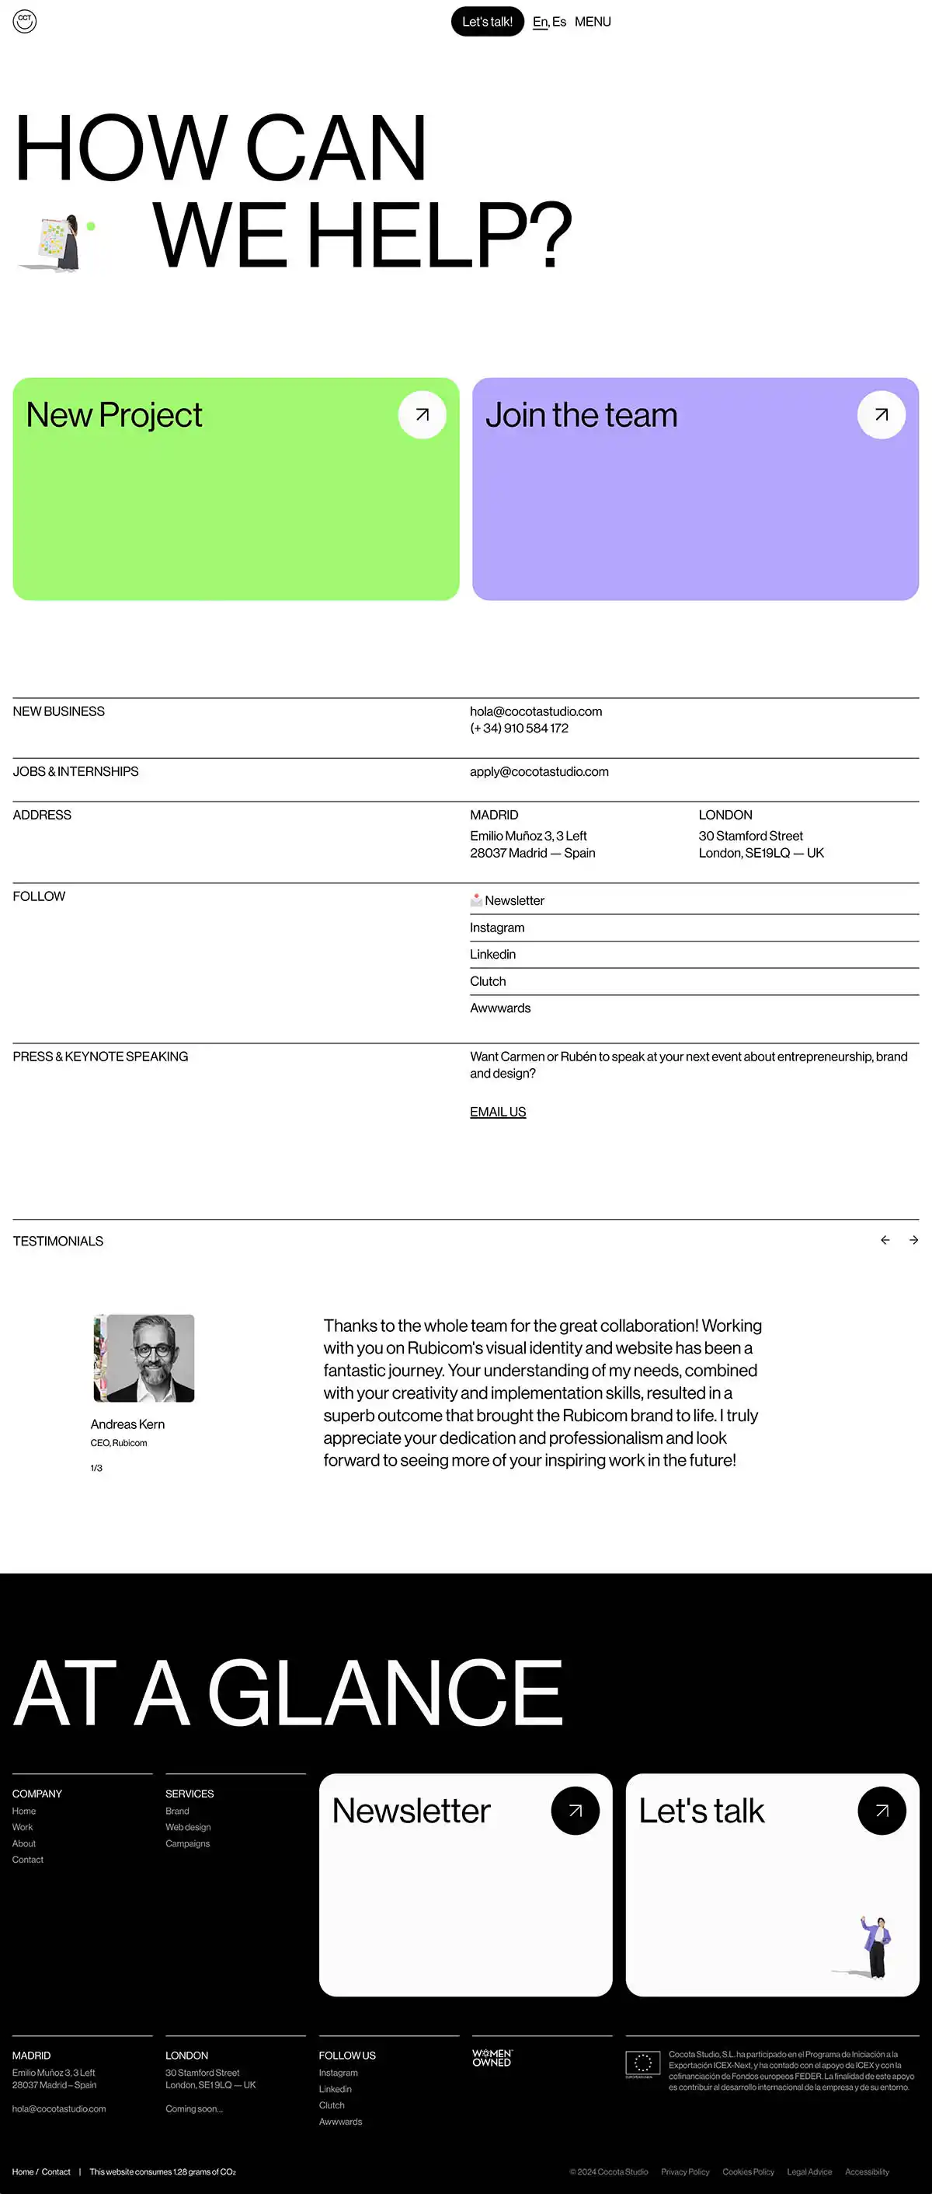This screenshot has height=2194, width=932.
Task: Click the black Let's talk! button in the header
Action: pos(487,22)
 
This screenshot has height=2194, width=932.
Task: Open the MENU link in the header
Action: pos(593,22)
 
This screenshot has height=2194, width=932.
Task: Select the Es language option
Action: pos(559,22)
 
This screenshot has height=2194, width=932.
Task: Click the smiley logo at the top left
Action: pos(25,21)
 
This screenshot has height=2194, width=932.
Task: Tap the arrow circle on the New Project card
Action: pos(423,415)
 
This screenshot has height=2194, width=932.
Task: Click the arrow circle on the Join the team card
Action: pos(881,415)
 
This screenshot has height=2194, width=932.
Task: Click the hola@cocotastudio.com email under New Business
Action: pos(535,711)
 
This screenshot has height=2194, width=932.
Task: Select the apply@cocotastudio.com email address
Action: pos(539,772)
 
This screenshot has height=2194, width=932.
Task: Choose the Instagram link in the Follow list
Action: pos(497,928)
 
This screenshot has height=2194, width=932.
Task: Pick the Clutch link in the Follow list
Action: pos(488,981)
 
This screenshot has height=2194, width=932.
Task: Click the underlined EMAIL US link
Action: pos(498,1113)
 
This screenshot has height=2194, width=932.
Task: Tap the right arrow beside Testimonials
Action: pos(913,1240)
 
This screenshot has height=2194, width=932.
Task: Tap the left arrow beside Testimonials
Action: pos(885,1240)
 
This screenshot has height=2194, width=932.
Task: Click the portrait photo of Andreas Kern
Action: pos(144,1357)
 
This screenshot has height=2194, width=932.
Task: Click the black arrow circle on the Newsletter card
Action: pos(576,1811)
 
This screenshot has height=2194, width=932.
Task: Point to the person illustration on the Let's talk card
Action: pos(875,1947)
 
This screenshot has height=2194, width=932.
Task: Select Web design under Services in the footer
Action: pos(188,1827)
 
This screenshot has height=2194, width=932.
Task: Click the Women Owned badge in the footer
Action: pos(492,2059)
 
